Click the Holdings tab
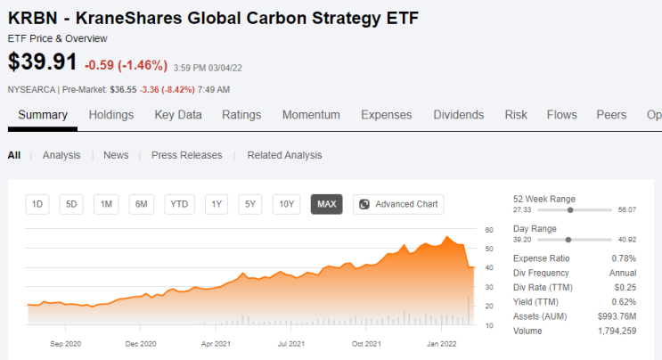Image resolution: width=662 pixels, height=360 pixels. pos(111,115)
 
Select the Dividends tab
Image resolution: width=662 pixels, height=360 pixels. pos(459,115)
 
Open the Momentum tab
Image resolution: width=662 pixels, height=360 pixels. pos(311,115)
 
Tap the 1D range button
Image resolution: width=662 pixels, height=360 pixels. pos(37,204)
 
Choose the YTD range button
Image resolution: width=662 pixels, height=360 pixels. pos(179,204)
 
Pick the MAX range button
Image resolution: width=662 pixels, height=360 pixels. pos(326,204)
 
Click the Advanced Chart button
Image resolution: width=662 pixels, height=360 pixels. pos(398,204)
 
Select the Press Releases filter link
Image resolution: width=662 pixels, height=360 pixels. pos(186,155)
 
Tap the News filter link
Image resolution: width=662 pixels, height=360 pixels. pos(116,155)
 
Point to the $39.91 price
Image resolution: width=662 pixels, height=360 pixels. pos(42,61)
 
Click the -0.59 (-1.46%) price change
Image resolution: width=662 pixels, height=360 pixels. pos(126,65)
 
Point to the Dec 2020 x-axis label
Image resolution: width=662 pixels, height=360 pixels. pos(141,344)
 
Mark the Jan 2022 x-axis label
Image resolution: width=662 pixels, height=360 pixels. pos(442,344)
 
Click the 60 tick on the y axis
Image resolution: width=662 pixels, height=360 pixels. pos(489,230)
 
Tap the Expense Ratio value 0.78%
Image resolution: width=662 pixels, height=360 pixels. pos(624,258)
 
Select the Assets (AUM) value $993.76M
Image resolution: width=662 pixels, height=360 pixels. pos(617,316)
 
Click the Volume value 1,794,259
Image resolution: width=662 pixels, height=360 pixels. pos(617,331)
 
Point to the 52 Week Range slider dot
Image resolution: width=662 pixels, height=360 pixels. pos(570,210)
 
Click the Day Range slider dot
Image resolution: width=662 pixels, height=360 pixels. pos(568,240)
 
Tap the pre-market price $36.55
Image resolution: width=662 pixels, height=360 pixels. pos(123,90)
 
